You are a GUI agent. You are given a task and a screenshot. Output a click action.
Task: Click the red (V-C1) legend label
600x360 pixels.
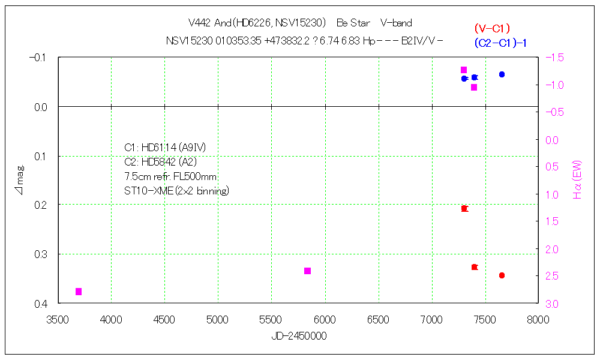(x=491, y=28)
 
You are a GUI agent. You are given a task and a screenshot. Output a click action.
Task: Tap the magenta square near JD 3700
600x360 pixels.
(x=79, y=292)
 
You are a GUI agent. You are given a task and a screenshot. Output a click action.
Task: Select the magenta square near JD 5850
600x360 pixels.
(x=307, y=271)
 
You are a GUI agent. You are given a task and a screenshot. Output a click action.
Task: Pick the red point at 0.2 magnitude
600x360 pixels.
(x=464, y=208)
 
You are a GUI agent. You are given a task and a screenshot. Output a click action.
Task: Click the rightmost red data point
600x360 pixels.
(x=502, y=275)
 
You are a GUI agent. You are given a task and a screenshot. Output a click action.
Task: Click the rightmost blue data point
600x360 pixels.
(x=502, y=74)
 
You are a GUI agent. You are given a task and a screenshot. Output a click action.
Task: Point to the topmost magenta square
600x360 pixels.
(x=464, y=70)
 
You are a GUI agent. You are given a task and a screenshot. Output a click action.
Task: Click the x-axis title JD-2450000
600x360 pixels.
(x=299, y=336)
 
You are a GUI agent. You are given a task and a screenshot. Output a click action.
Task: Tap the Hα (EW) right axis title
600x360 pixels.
(x=578, y=179)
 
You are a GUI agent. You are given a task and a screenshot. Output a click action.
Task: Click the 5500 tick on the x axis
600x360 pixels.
(x=271, y=320)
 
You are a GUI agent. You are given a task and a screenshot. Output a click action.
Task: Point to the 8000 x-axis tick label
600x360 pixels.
(x=537, y=320)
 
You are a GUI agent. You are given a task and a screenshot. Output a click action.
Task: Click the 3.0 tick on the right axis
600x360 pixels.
(x=553, y=304)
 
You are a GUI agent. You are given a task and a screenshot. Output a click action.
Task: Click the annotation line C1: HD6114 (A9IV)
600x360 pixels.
(x=165, y=148)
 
